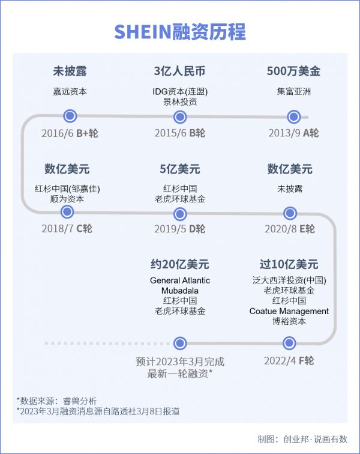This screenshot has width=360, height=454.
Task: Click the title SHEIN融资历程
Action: (180, 31)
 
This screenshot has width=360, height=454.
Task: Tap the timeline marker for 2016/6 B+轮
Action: (70, 116)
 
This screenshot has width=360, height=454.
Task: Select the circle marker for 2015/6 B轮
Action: (180, 117)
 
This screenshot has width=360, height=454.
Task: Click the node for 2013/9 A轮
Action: (293, 117)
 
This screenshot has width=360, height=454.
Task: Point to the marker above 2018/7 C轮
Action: (67, 211)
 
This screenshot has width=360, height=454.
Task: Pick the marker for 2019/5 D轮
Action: (180, 213)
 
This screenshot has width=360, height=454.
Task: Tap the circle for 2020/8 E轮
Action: (290, 213)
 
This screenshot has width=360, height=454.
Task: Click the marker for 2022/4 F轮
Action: (289, 344)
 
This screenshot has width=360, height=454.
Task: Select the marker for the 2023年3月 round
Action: (180, 344)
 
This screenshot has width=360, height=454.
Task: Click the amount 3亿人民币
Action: (180, 71)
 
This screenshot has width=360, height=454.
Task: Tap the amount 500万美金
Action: (293, 71)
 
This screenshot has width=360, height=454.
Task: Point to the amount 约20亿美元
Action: (180, 264)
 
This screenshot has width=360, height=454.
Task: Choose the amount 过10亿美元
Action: (289, 264)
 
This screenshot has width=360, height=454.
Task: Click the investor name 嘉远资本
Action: (70, 92)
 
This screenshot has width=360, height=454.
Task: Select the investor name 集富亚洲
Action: (293, 92)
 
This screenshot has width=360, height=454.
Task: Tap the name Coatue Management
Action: (289, 311)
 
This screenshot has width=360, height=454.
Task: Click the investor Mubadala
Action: (180, 291)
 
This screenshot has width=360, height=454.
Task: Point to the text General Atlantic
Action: (180, 280)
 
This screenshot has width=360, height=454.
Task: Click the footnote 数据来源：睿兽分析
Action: (56, 400)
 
